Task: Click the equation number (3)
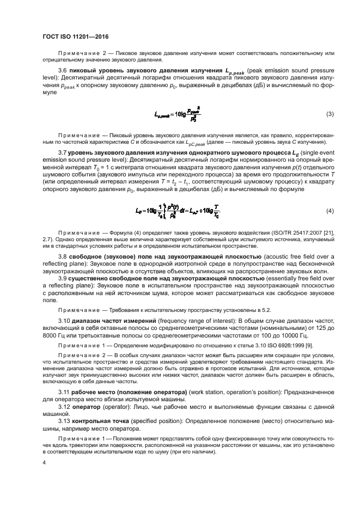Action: click(x=330, y=114)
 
